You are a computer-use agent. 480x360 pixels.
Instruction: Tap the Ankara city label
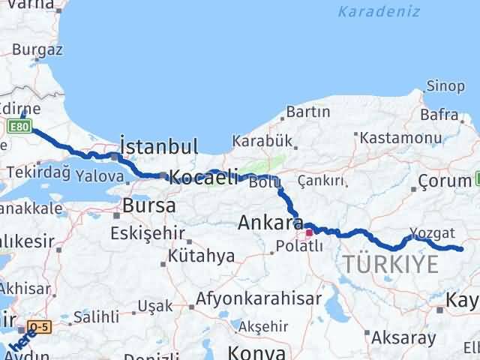pyautogui.click(x=271, y=223)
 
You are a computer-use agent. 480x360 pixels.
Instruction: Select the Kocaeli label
pyautogui.click(x=203, y=178)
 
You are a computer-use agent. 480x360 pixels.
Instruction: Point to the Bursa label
pyautogui.click(x=149, y=205)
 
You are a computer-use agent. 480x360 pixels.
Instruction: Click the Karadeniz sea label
pyautogui.click(x=370, y=11)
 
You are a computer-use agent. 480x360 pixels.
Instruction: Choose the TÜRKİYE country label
pyautogui.click(x=390, y=264)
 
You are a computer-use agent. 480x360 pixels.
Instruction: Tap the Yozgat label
pyautogui.click(x=433, y=232)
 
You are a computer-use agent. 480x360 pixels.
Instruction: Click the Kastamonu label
pyautogui.click(x=400, y=138)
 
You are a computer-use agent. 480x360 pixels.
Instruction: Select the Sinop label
pyautogui.click(x=445, y=86)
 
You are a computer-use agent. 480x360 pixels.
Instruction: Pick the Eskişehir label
pyautogui.click(x=147, y=233)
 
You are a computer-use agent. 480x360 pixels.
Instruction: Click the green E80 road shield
pyautogui.click(x=19, y=127)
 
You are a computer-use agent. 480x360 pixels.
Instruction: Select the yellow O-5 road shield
pyautogui.click(x=40, y=327)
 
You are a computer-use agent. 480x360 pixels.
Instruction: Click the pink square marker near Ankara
pyautogui.click(x=308, y=232)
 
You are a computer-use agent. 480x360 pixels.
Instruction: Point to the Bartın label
pyautogui.click(x=307, y=112)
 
